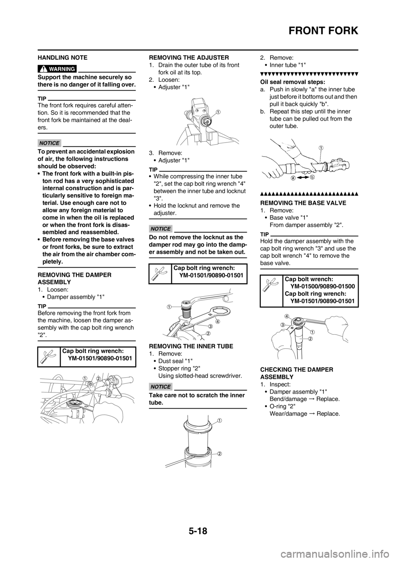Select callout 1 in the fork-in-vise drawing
pyautogui.click(x=218, y=112)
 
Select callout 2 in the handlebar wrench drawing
pyautogui.click(x=98, y=378)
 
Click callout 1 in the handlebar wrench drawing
pyautogui.click(x=84, y=378)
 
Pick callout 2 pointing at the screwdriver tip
pyautogui.click(x=219, y=453)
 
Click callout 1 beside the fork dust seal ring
pyautogui.click(x=219, y=421)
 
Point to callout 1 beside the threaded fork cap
pyautogui.click(x=169, y=307)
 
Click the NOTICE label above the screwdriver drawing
pyautogui.click(x=160, y=387)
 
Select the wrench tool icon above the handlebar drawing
pyautogui.click(x=47, y=357)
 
